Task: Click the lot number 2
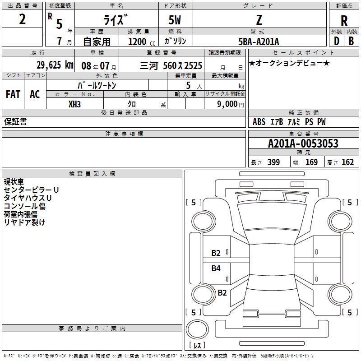pyautogui.click(x=23, y=19)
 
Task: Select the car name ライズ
pyautogui.click(x=116, y=20)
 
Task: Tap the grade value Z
pyautogui.click(x=259, y=20)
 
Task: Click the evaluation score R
pyautogui.click(x=344, y=21)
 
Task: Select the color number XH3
pyautogui.click(x=74, y=104)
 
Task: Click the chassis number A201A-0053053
pyautogui.click(x=303, y=143)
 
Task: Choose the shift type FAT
pyautogui.click(x=13, y=94)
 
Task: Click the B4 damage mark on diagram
pyautogui.click(x=216, y=268)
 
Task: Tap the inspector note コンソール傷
pyautogui.click(x=25, y=206)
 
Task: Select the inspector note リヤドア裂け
pyautogui.click(x=25, y=222)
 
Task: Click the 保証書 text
pyautogui.click(x=15, y=122)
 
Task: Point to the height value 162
pyautogui.click(x=347, y=162)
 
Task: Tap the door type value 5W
pyautogui.click(x=175, y=20)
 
